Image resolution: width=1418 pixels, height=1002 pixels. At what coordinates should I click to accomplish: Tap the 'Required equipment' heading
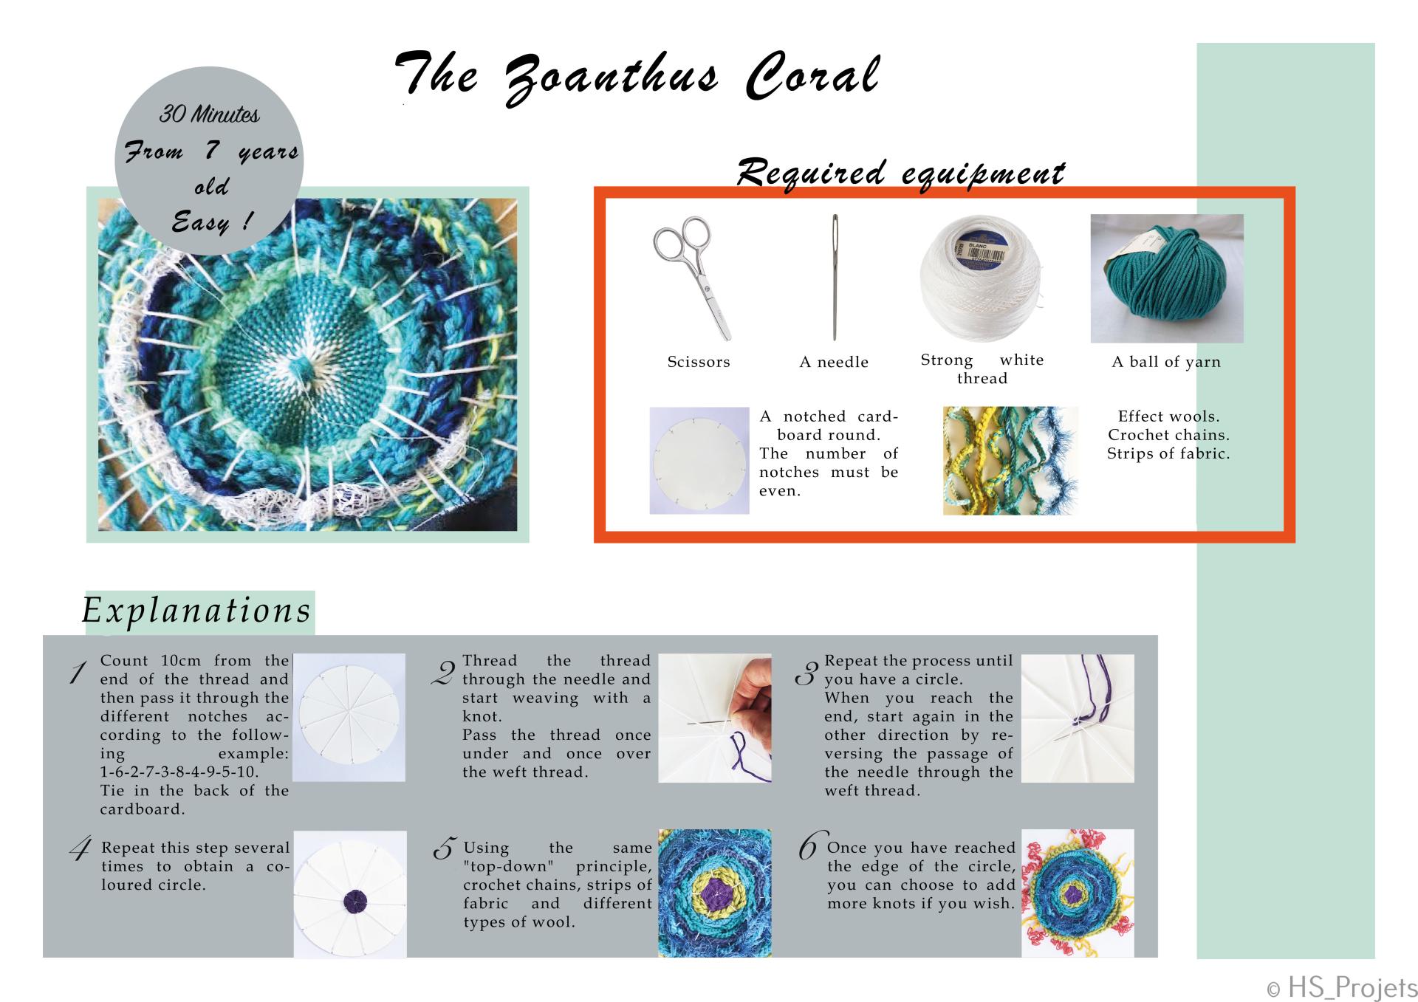point(900,172)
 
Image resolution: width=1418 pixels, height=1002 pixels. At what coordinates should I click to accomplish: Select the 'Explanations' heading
point(196,611)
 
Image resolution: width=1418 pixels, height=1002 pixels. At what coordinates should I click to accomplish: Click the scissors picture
point(693,278)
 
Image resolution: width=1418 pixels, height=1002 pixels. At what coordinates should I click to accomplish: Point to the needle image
point(835,277)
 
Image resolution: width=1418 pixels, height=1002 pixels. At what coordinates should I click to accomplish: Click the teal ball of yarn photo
point(1167,278)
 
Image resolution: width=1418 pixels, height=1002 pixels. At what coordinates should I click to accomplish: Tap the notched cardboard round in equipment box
point(699,461)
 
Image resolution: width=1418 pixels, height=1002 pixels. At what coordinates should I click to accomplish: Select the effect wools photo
point(1010,460)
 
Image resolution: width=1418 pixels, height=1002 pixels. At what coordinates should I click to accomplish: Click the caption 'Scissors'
point(699,362)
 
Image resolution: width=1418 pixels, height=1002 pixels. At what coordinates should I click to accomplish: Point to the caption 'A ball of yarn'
point(1166,362)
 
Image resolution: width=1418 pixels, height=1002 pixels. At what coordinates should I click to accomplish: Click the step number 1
point(78,672)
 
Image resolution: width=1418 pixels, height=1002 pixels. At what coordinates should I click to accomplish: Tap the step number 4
point(80,849)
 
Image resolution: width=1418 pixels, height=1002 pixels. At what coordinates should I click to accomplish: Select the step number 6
point(809,845)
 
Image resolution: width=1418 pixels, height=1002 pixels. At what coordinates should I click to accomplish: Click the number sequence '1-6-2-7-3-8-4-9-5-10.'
point(179,772)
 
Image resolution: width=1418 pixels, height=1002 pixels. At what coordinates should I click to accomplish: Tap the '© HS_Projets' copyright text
point(1342,987)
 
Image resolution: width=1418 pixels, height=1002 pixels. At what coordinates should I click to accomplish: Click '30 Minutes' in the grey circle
point(210,114)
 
